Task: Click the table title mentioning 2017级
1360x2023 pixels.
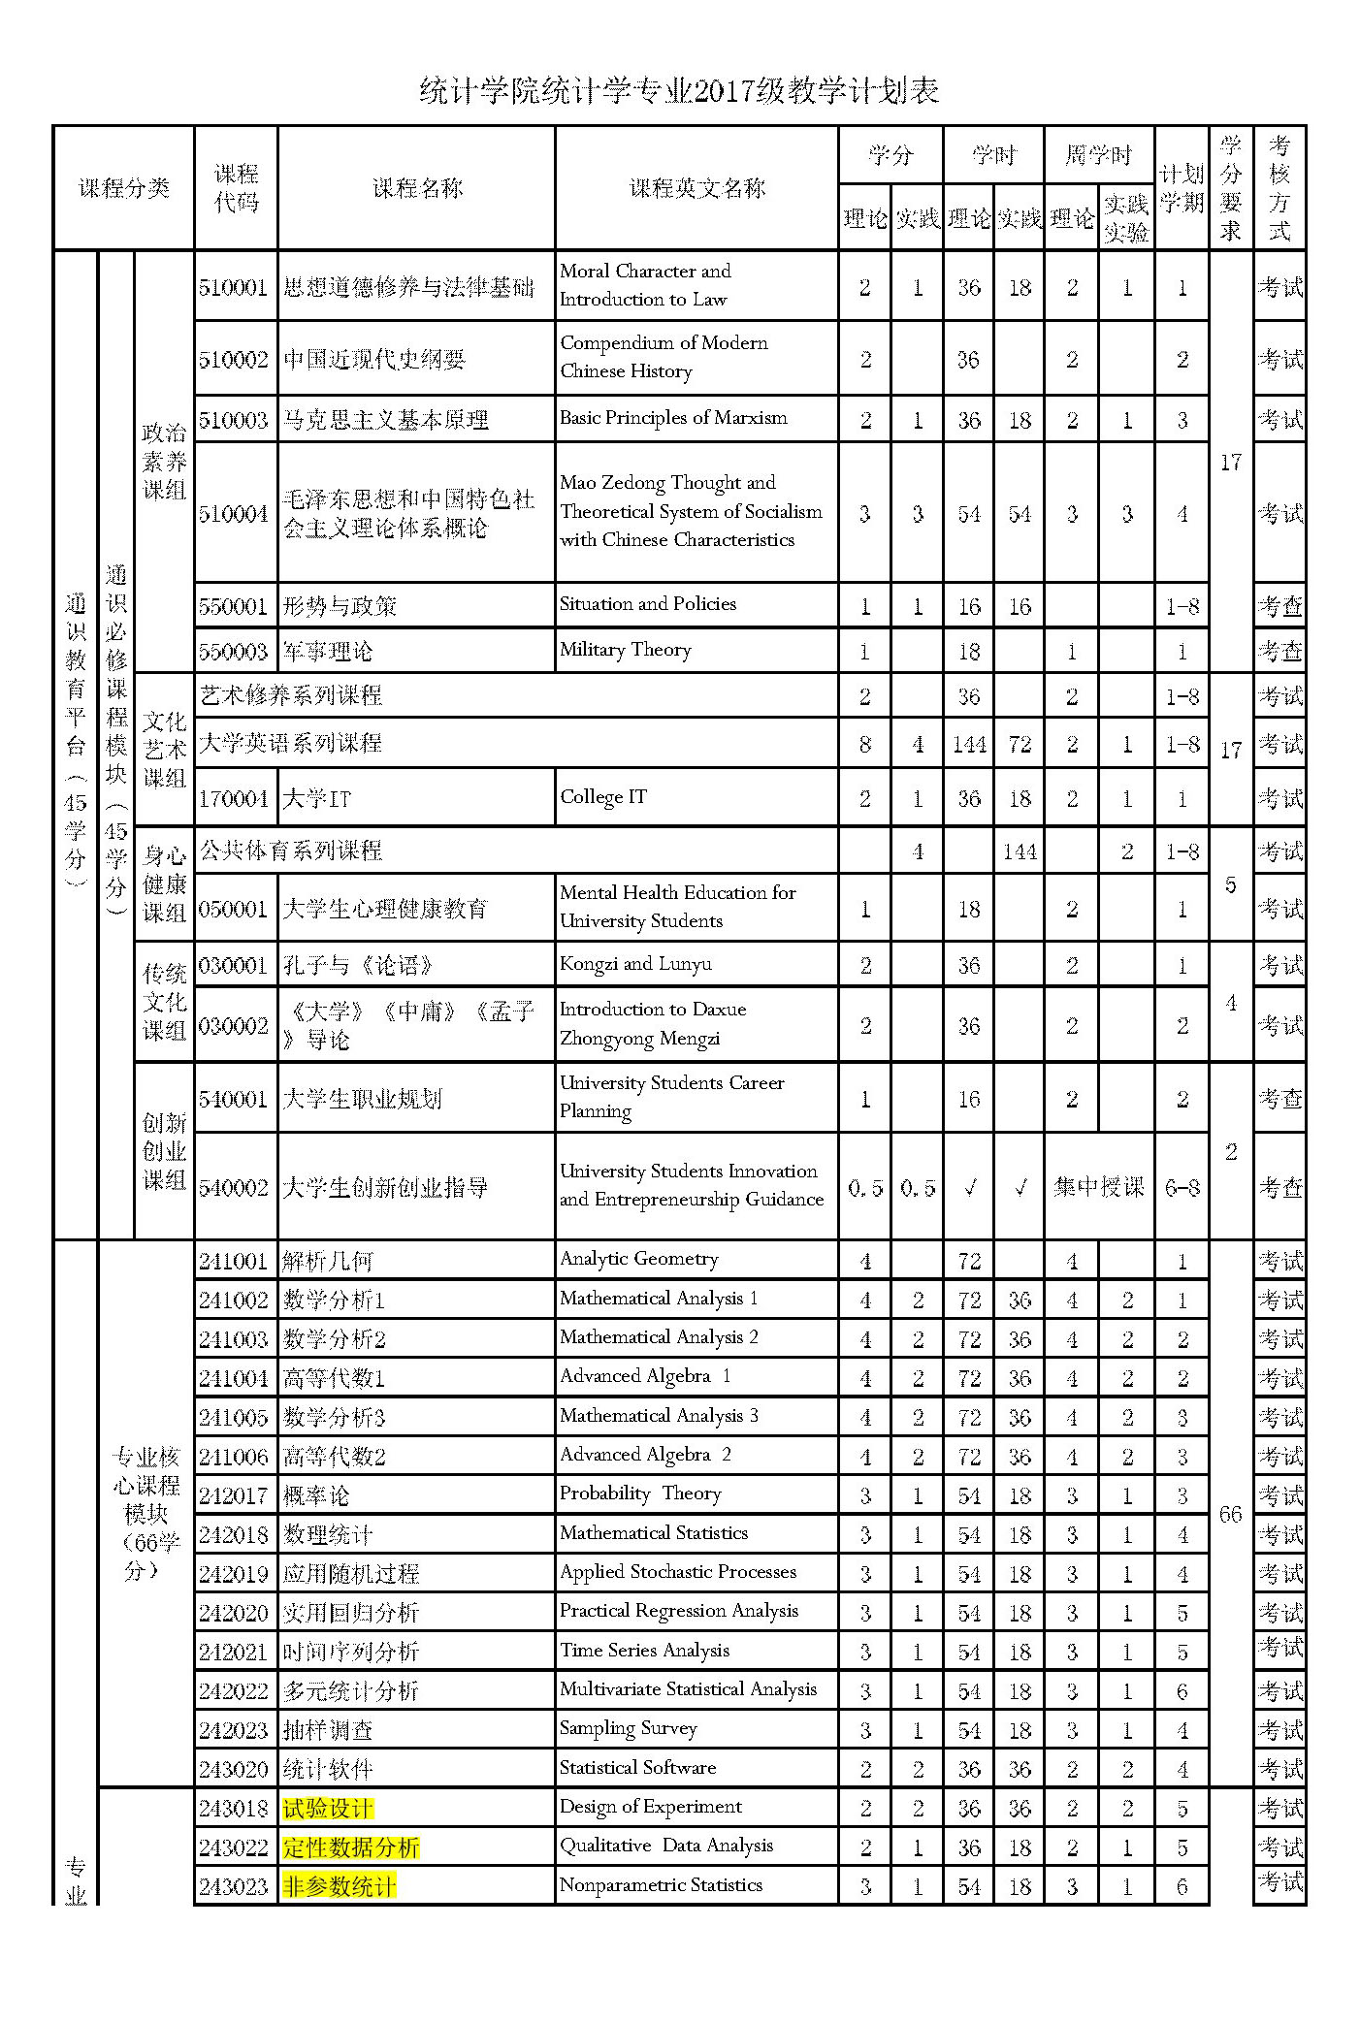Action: coord(679,91)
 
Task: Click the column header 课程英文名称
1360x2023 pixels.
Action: coord(696,188)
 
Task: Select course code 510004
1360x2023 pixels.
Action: coord(234,514)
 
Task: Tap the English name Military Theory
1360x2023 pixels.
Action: coord(626,650)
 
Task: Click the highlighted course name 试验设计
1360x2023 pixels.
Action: coord(327,1809)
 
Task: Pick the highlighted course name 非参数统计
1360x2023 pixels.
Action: coord(340,1886)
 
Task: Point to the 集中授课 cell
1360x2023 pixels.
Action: coord(1098,1187)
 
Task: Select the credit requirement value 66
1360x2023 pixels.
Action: coord(1230,1515)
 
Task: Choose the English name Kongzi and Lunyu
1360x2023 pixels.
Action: coord(635,964)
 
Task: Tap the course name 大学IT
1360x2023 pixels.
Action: coord(316,799)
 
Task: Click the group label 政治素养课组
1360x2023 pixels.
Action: coord(164,462)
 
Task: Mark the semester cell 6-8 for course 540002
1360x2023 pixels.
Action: coord(1182,1187)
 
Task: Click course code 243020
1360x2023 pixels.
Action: coord(234,1769)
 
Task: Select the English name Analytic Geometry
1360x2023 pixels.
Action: coord(639,1259)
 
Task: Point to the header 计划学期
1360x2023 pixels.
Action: coord(1182,188)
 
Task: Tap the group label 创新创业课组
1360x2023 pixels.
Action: coord(164,1151)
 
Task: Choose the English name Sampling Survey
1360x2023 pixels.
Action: coord(629,1728)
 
